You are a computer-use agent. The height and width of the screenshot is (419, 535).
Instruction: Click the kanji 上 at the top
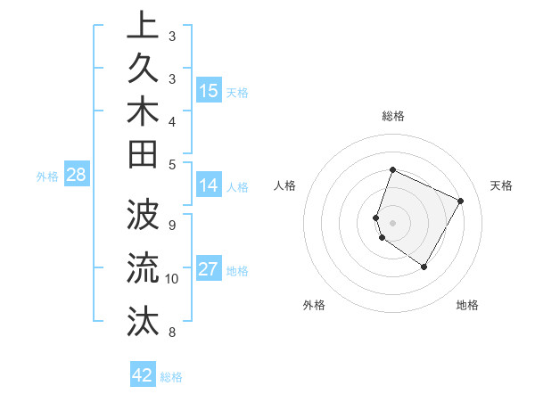click(143, 27)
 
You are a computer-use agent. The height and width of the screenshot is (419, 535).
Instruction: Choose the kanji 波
click(143, 216)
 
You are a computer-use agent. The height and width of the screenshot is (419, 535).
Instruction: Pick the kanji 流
click(143, 267)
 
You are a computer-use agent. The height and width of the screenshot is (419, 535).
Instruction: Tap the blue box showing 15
click(209, 91)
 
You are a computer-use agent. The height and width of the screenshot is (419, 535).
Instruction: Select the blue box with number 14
click(209, 186)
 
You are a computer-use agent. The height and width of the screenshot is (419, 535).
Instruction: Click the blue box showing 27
click(209, 270)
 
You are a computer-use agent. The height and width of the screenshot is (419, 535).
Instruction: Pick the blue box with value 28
click(77, 176)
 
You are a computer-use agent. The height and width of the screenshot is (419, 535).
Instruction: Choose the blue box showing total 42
click(143, 375)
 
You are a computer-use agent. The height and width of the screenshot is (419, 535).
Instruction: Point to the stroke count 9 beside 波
click(172, 224)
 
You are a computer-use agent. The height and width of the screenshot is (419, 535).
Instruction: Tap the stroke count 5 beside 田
click(172, 164)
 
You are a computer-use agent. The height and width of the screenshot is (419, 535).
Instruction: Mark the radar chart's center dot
click(392, 222)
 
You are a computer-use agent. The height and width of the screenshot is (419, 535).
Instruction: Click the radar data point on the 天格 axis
click(461, 201)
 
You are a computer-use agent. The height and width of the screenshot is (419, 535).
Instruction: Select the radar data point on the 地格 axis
click(424, 267)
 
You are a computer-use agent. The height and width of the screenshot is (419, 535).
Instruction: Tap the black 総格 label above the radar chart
click(392, 116)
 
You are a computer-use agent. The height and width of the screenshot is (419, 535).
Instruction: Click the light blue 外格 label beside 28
click(47, 177)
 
